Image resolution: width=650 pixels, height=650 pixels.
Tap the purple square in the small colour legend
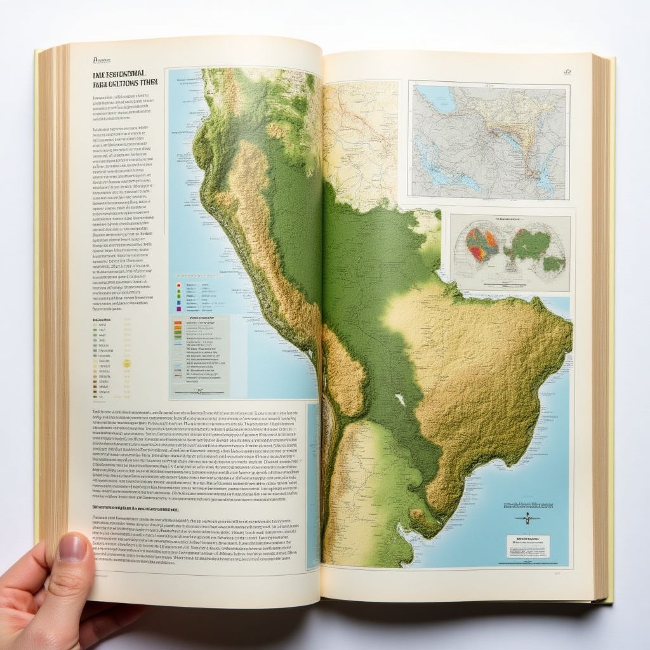(178, 309)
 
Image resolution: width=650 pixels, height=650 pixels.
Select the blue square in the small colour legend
(178, 302)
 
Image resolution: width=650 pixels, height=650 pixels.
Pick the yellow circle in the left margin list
(126, 364)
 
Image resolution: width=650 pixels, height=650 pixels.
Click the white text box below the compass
(528, 546)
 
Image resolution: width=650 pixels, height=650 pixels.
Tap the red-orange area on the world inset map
(482, 244)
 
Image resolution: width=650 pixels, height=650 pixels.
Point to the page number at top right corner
(567, 72)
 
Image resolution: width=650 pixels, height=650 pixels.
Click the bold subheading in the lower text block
(136, 508)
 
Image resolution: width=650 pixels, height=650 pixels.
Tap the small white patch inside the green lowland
(399, 400)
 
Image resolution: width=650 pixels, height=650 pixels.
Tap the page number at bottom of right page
(557, 573)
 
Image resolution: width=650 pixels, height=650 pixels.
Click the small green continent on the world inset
(553, 263)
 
